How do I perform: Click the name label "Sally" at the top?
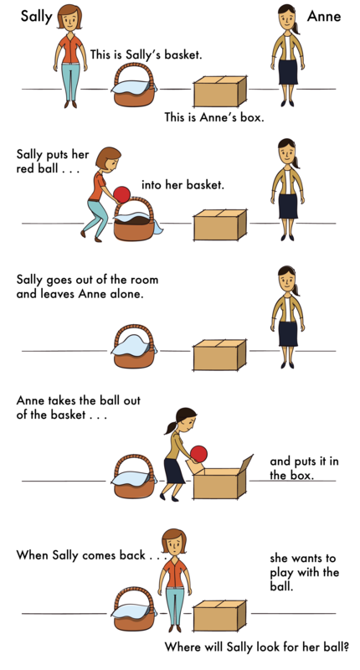(x=36, y=17)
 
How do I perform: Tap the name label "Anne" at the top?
(x=324, y=16)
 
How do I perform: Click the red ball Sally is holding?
(x=121, y=194)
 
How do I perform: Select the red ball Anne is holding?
(x=198, y=453)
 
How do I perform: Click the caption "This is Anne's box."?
(x=214, y=117)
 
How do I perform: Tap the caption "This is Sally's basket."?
(x=146, y=54)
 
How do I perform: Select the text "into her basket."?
(x=183, y=185)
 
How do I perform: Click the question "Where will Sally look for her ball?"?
(x=257, y=647)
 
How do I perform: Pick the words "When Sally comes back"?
(x=80, y=555)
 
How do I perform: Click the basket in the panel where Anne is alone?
(x=134, y=347)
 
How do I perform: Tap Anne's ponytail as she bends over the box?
(x=172, y=427)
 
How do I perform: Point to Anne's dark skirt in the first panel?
(x=288, y=72)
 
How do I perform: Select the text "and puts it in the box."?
(x=304, y=468)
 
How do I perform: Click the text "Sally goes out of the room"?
(x=87, y=281)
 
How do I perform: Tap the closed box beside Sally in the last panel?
(x=219, y=616)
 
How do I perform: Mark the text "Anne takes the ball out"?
(x=78, y=401)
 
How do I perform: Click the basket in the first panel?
(x=134, y=85)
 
